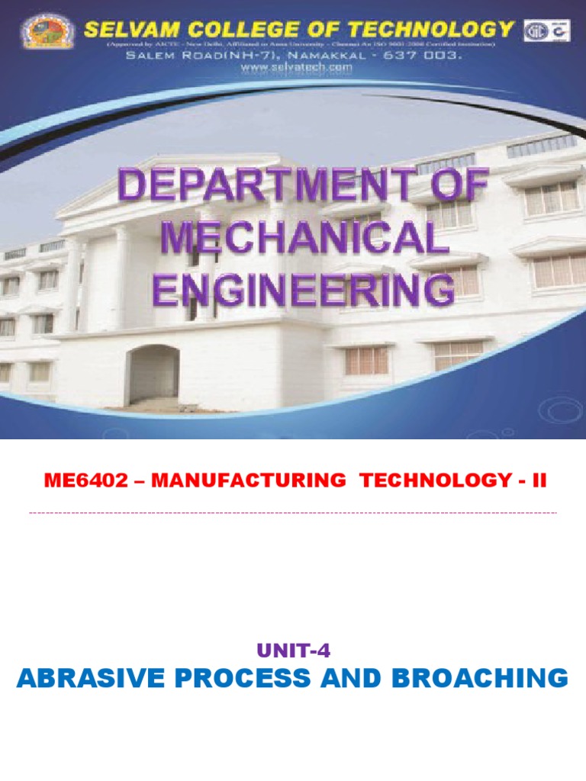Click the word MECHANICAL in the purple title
(303, 240)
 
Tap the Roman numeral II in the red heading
(539, 480)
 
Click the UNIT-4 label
(293, 651)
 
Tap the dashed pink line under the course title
(293, 513)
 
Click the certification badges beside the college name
(546, 31)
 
